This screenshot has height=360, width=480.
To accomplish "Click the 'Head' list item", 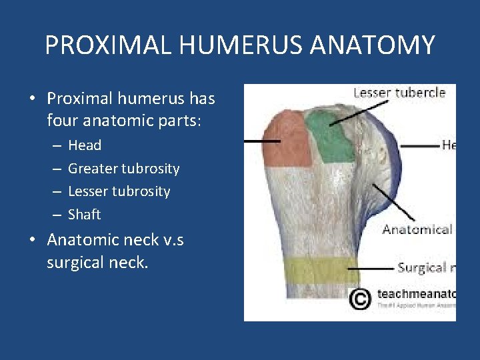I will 85,145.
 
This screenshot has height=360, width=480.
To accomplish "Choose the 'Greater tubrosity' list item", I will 123,169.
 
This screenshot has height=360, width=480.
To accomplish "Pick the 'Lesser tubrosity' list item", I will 119,191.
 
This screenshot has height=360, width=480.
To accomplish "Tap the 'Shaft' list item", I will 84,215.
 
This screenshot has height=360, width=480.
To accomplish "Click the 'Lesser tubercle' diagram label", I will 399,93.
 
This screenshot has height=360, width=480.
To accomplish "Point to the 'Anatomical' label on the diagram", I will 417,230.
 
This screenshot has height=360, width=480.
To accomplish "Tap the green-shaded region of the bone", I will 331,137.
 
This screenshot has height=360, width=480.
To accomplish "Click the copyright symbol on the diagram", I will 360,299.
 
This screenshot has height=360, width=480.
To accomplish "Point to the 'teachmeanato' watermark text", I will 416,293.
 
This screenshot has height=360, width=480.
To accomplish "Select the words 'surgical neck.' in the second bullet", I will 97,263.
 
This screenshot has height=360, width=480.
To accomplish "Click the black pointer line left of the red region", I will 261,141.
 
